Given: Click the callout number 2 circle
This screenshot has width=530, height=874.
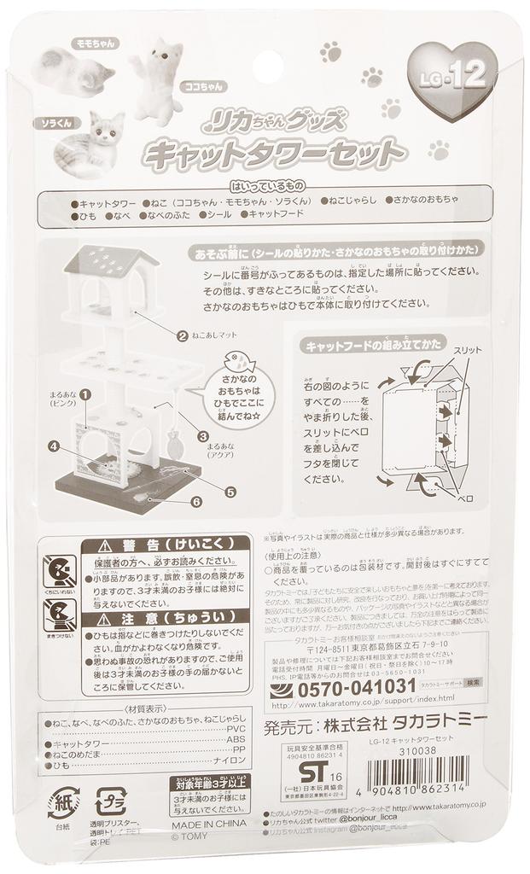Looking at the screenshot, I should coord(182,335).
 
